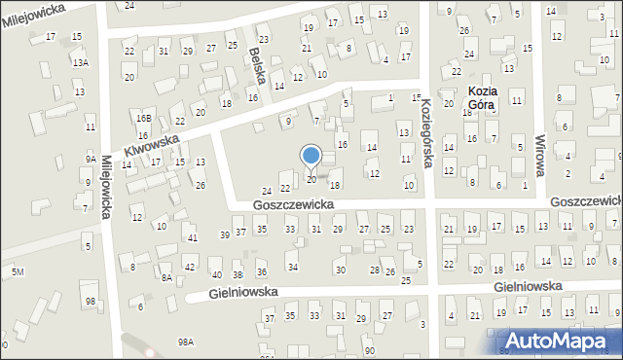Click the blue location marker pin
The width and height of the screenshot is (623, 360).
(311, 157)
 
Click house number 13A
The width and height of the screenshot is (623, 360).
(80, 61)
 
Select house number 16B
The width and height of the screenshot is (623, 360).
(144, 118)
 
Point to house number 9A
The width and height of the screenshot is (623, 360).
(91, 159)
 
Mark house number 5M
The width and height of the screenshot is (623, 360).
(18, 270)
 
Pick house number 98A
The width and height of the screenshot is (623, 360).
(185, 342)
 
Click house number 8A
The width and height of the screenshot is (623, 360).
(166, 277)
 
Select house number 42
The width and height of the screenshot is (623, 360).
(190, 267)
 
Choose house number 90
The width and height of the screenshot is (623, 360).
(369, 350)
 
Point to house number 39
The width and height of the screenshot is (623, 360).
(225, 234)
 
